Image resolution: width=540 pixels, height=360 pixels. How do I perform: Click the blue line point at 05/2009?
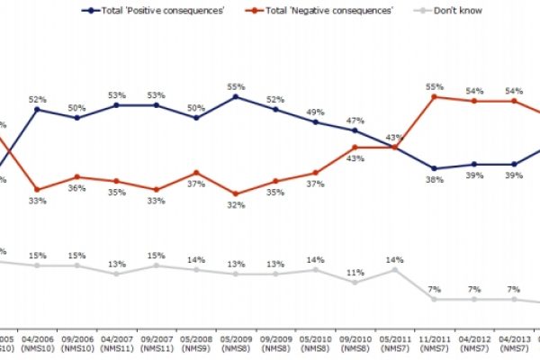236,95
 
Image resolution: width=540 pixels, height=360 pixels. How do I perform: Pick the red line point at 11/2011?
434,96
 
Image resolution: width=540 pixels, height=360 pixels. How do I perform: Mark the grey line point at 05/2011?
394,269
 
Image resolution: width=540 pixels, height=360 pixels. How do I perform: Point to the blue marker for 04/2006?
37,109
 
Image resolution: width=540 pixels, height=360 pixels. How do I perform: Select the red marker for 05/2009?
236,193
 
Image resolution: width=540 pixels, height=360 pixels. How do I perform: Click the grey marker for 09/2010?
355,282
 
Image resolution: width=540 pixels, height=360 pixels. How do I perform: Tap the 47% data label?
355,119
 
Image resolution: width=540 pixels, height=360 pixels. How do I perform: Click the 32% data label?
236,205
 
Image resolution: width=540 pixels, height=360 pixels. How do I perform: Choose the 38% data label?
434,180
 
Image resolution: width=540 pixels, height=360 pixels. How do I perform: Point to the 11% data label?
355,271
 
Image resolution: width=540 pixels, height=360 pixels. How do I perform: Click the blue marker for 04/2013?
513,165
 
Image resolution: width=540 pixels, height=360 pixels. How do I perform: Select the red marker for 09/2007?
157,189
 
